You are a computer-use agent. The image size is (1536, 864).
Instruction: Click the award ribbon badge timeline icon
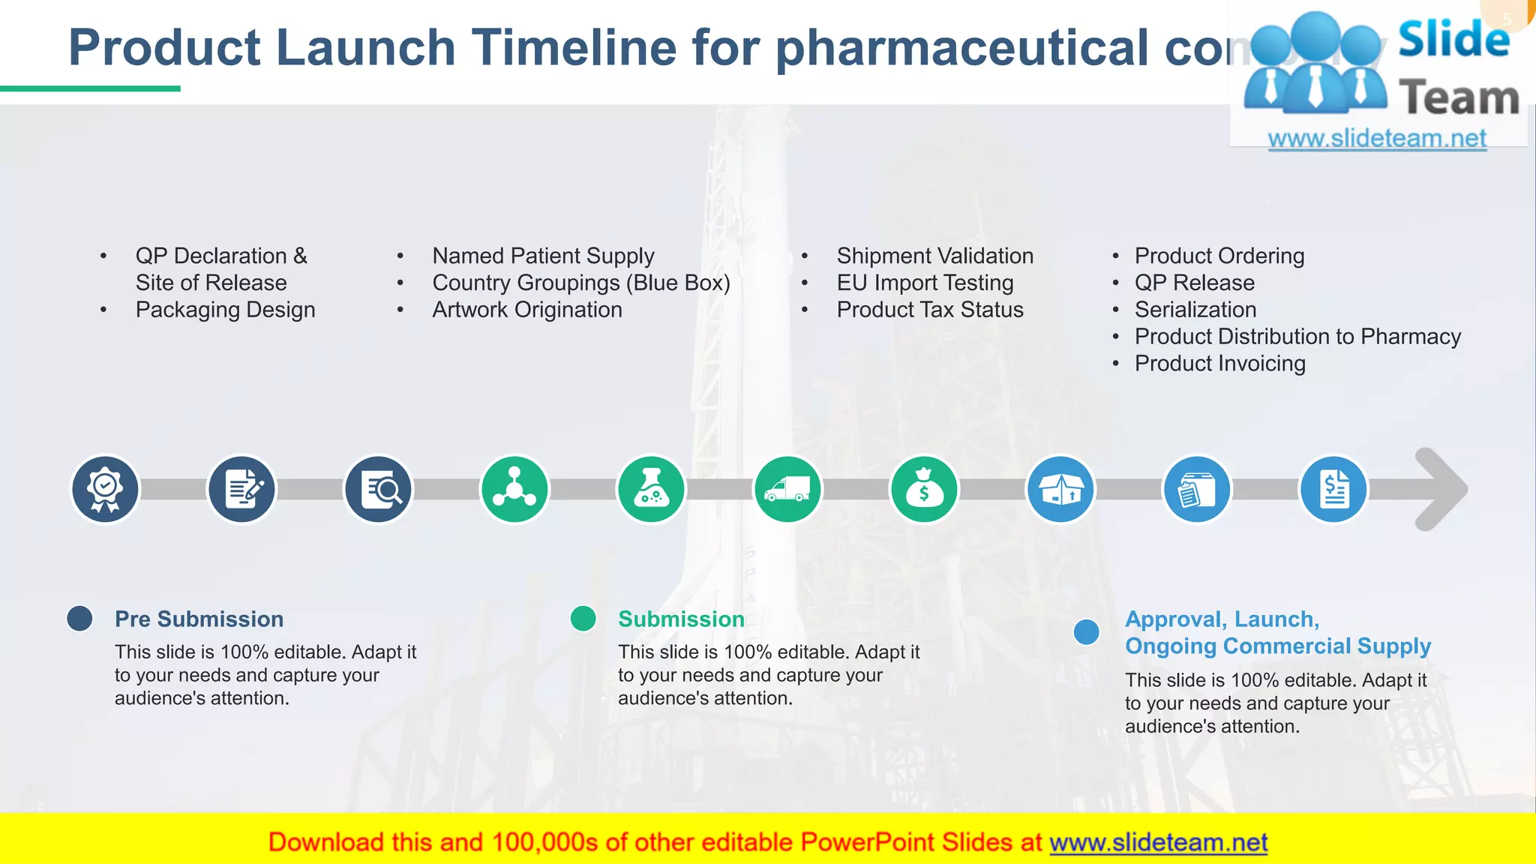click(x=105, y=490)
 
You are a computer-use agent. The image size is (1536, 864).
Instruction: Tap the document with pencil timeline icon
click(x=241, y=490)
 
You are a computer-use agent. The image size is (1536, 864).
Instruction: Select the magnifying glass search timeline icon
click(x=378, y=490)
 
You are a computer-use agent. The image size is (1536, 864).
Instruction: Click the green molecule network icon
click(x=514, y=490)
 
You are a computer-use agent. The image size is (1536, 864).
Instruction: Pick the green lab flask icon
click(x=651, y=490)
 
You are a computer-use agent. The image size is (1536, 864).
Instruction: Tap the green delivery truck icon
click(x=787, y=490)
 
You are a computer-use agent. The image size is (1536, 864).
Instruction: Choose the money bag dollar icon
click(x=924, y=490)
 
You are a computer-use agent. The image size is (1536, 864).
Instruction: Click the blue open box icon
click(x=1060, y=490)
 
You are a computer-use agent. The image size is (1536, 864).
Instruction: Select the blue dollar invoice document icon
click(x=1333, y=490)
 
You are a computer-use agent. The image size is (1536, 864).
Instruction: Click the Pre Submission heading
click(x=199, y=619)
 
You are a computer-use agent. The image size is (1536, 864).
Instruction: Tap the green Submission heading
click(x=681, y=619)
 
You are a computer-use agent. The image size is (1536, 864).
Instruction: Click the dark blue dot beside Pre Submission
click(x=79, y=619)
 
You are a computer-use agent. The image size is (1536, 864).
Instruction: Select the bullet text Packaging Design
click(x=225, y=310)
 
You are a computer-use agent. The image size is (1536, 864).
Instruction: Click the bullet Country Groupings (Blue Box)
click(x=580, y=283)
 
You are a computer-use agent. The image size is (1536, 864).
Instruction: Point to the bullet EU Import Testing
click(x=925, y=283)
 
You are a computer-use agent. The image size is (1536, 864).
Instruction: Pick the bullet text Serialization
click(x=1195, y=310)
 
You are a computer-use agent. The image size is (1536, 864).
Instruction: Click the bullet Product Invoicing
click(x=1219, y=364)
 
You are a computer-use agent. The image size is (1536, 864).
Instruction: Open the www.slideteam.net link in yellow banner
click(x=1158, y=842)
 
